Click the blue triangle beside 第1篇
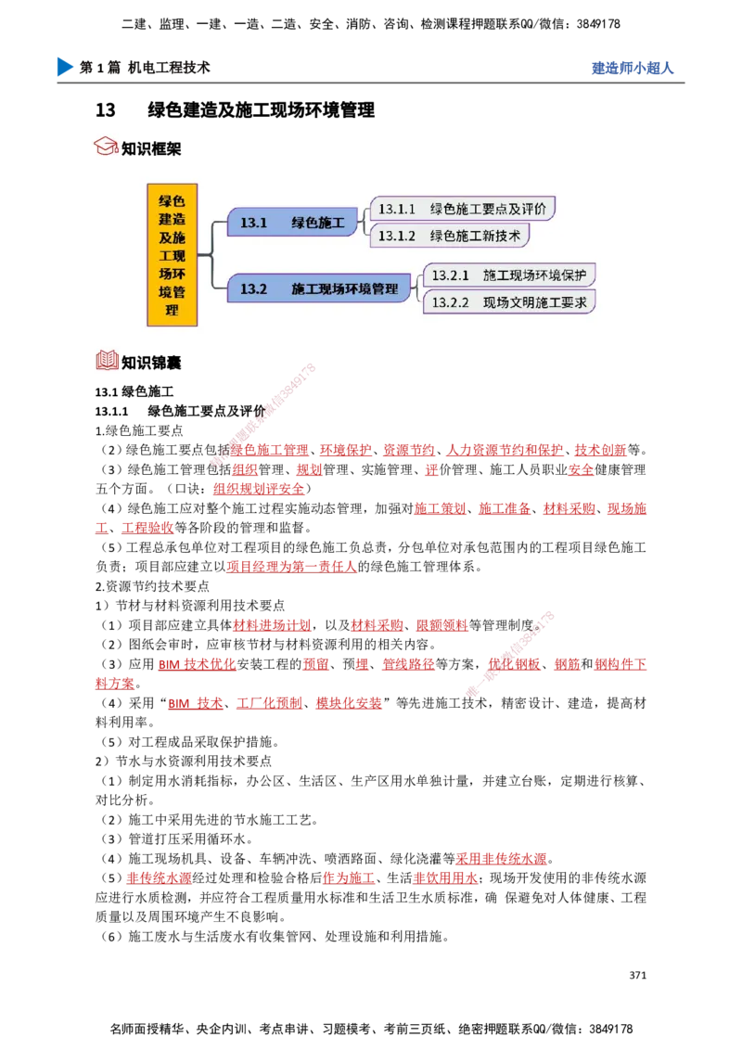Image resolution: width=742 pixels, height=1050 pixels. (65, 67)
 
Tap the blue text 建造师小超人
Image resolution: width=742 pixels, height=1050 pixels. (633, 68)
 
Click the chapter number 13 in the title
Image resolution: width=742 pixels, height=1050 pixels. (105, 109)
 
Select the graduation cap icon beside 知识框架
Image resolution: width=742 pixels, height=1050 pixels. (105, 147)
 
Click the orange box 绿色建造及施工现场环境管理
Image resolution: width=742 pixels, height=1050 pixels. (173, 254)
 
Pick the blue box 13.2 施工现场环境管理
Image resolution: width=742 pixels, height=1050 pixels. (319, 288)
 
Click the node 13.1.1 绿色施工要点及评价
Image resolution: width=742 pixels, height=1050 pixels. (462, 209)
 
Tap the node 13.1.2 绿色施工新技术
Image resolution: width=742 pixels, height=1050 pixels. (449, 235)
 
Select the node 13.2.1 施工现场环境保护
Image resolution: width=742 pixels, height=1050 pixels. (509, 275)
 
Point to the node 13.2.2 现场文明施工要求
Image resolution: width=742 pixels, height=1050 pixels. (509, 302)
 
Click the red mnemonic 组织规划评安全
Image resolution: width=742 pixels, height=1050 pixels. (259, 489)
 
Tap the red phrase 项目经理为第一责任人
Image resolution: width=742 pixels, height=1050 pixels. (291, 567)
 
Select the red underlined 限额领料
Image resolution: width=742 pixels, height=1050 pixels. (442, 625)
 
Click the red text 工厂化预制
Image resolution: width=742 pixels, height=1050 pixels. (269, 703)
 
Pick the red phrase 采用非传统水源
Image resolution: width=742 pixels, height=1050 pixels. (501, 859)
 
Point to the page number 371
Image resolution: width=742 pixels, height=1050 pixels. (637, 975)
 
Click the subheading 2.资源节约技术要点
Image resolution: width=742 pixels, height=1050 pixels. (152, 586)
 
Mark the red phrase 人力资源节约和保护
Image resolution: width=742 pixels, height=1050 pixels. (505, 450)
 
